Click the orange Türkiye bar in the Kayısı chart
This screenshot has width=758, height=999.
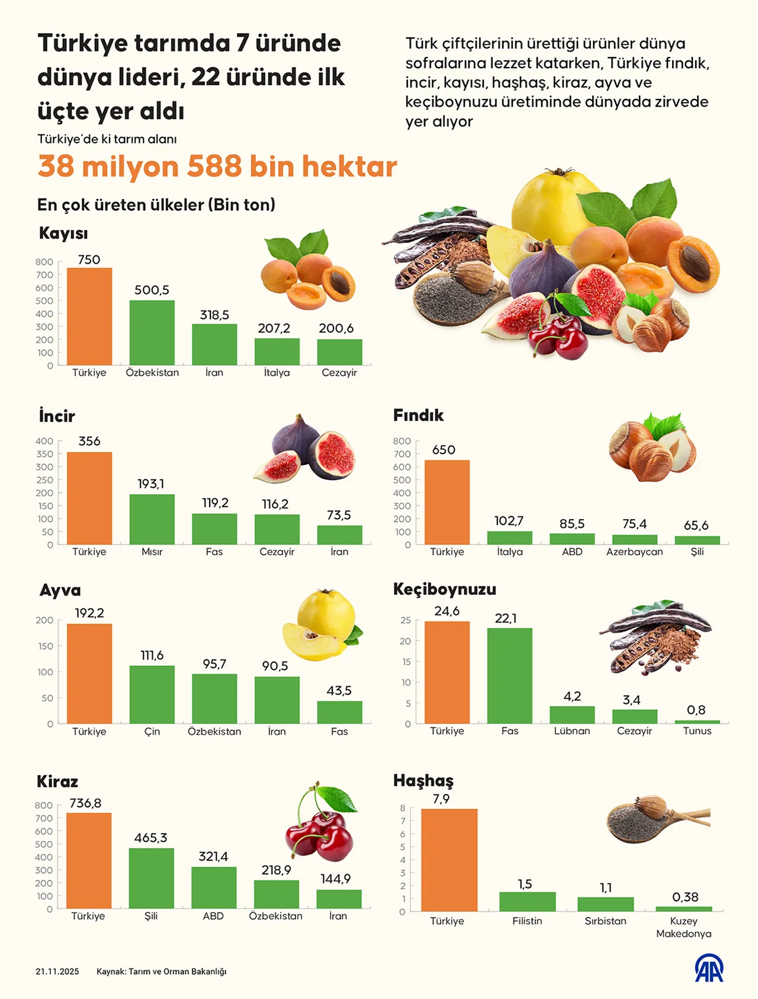pos(89,316)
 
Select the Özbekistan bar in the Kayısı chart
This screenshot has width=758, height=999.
pos(152,332)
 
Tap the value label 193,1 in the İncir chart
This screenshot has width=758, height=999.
pos(151,484)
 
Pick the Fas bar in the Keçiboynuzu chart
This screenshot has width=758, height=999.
pos(509,675)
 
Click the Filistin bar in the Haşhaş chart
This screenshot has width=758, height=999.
pos(527,901)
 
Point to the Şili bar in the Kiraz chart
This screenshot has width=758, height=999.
pos(151,878)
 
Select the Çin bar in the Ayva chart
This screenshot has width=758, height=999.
pos(152,694)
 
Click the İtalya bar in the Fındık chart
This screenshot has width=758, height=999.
pos(509,537)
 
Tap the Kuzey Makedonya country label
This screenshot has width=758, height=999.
pos(683,927)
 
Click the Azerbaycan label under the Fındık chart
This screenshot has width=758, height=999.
pos(634,552)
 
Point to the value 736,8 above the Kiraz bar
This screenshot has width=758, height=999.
pos(86,803)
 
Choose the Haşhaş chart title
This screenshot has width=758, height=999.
pos(423,780)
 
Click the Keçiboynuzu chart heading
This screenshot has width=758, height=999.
pos(445,589)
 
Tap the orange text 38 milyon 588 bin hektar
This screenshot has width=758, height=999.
pos(217,166)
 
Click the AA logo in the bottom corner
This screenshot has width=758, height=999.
pos(709,968)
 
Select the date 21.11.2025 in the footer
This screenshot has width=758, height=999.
pos(57,972)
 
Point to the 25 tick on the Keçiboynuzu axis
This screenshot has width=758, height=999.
pos(406,620)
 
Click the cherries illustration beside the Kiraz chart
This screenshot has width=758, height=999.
pos(320,823)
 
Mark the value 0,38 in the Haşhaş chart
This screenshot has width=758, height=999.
pos(685,897)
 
